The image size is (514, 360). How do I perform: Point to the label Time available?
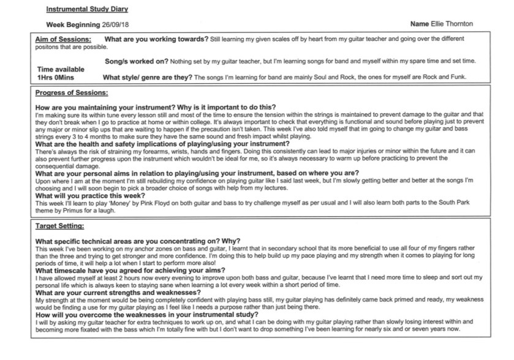pyautogui.click(x=61, y=70)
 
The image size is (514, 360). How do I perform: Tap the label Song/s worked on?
pyautogui.click(x=137, y=61)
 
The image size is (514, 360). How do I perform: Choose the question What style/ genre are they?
pyautogui.click(x=148, y=78)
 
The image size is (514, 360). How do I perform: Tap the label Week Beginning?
pyautogui.click(x=73, y=24)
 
